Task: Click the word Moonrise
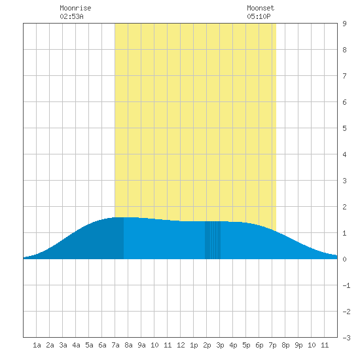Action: [75, 8]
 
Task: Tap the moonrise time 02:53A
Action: [71, 16]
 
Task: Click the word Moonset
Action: [261, 8]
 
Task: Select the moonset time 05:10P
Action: [259, 16]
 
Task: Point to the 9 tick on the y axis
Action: [344, 24]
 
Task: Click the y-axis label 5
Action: [344, 128]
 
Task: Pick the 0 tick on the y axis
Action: [344, 259]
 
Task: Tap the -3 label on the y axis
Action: [346, 338]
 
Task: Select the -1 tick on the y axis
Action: [346, 285]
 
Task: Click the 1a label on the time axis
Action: [37, 345]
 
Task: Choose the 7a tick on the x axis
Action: [115, 345]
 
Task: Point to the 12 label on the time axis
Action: [181, 345]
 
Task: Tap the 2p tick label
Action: [207, 345]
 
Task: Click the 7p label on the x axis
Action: [272, 345]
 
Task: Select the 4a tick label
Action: [76, 345]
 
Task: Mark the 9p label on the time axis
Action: [298, 345]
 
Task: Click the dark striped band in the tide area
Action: [213, 240]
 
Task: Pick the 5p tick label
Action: [246, 345]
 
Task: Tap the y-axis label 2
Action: [344, 207]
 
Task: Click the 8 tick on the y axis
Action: [344, 50]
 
